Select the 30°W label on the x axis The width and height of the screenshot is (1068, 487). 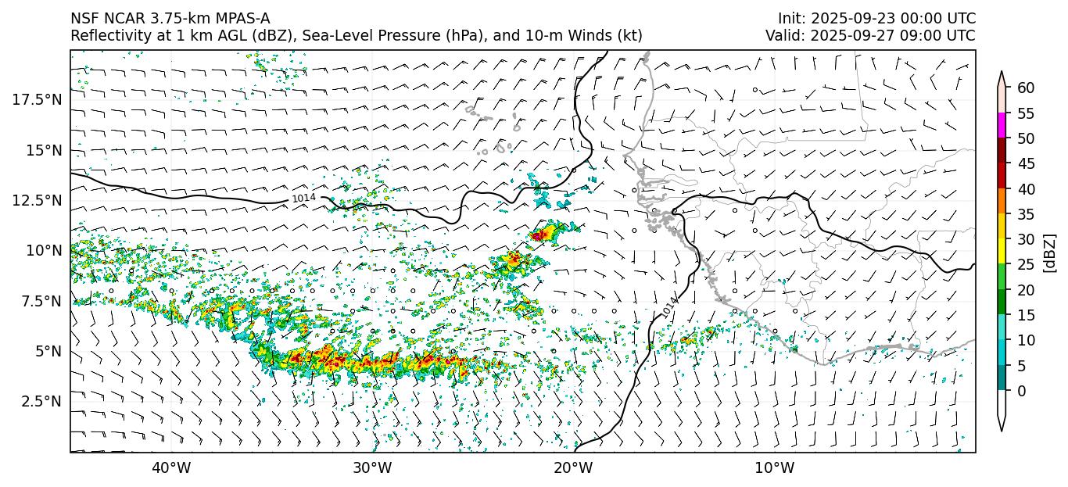click(372, 468)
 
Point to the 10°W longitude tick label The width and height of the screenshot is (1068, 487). click(775, 468)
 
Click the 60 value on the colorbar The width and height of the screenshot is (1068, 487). click(1026, 88)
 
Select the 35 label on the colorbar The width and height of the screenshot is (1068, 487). click(1026, 214)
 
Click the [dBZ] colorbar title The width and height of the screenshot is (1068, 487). click(1050, 252)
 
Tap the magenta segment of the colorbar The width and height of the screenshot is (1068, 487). click(1002, 126)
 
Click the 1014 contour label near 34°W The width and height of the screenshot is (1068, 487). click(303, 199)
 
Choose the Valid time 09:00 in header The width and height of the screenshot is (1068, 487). click(898, 36)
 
